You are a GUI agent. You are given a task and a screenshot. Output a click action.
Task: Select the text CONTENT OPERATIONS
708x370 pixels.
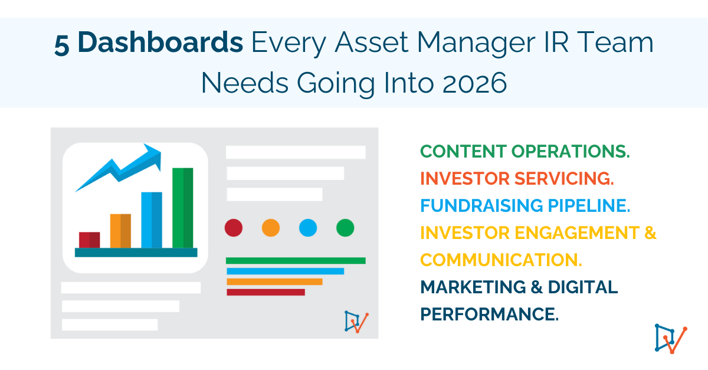(x=525, y=151)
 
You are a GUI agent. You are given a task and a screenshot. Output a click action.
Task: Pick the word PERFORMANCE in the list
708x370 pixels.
(x=489, y=313)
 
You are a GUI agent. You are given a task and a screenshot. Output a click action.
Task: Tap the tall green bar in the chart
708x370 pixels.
(x=182, y=208)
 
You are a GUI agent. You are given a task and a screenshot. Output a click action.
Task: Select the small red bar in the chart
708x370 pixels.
(x=89, y=240)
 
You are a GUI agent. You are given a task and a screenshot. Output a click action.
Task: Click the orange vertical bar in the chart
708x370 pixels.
(x=120, y=231)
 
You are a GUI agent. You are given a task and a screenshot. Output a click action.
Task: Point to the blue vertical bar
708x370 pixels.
(x=152, y=220)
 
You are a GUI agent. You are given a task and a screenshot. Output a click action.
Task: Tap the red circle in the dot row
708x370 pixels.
(x=234, y=227)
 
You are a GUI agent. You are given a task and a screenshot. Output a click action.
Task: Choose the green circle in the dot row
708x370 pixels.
(x=345, y=227)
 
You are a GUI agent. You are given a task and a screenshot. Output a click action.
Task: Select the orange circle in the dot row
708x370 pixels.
(x=270, y=227)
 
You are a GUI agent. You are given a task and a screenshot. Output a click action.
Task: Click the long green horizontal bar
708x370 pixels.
(x=296, y=260)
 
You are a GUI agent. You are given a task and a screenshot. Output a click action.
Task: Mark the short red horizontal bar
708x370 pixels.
(x=265, y=292)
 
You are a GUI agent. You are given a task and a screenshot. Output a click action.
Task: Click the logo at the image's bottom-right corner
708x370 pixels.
(x=671, y=338)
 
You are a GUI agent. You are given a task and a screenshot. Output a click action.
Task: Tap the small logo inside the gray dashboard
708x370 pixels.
(x=356, y=322)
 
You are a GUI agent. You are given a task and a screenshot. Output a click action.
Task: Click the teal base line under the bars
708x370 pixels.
(x=136, y=253)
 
